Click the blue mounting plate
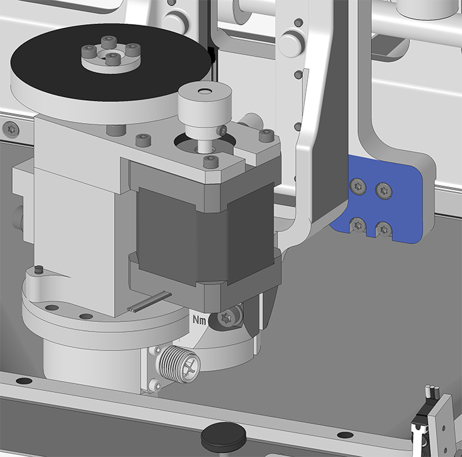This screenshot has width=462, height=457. pos(383,203)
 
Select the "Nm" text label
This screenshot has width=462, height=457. pos(200,319)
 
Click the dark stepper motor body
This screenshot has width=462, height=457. pos(205,233)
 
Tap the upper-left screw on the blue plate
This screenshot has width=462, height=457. pos(358,186)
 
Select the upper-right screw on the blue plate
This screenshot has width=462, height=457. pos(384,191)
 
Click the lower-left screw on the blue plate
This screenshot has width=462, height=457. pos(358,225)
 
